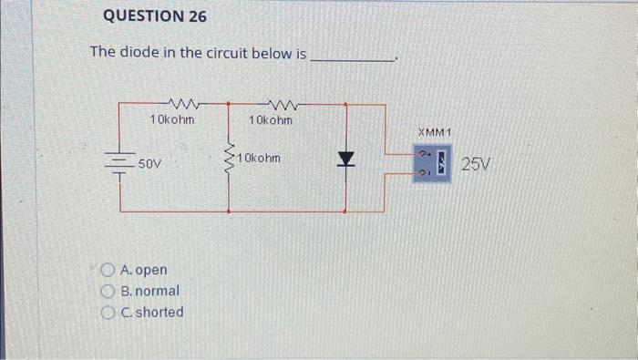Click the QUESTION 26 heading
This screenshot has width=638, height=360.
click(155, 16)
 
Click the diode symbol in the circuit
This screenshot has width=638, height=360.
click(345, 160)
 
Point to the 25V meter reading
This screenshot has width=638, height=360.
click(476, 164)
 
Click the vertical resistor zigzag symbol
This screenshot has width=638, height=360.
click(231, 159)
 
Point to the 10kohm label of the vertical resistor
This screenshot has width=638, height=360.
click(259, 159)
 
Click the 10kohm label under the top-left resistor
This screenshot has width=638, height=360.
click(172, 120)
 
